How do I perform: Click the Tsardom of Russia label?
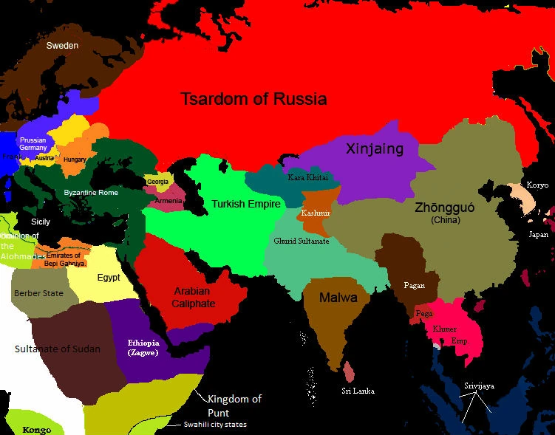tap(254, 99)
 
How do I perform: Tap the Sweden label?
tap(62, 46)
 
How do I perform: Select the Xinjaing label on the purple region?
tap(375, 149)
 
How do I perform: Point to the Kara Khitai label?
tap(307, 177)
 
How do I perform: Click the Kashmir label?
tap(316, 213)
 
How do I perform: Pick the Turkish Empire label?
tap(241, 204)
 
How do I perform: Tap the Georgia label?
tap(157, 181)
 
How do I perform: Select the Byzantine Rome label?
tap(91, 193)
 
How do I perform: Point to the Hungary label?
tap(75, 160)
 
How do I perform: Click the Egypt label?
tap(108, 278)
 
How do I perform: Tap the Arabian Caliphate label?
tap(194, 297)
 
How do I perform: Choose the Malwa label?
tap(338, 298)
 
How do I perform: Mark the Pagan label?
tap(414, 284)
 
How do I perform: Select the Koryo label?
tap(537, 185)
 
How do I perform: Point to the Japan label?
tap(538, 234)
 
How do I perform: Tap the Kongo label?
tap(36, 430)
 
